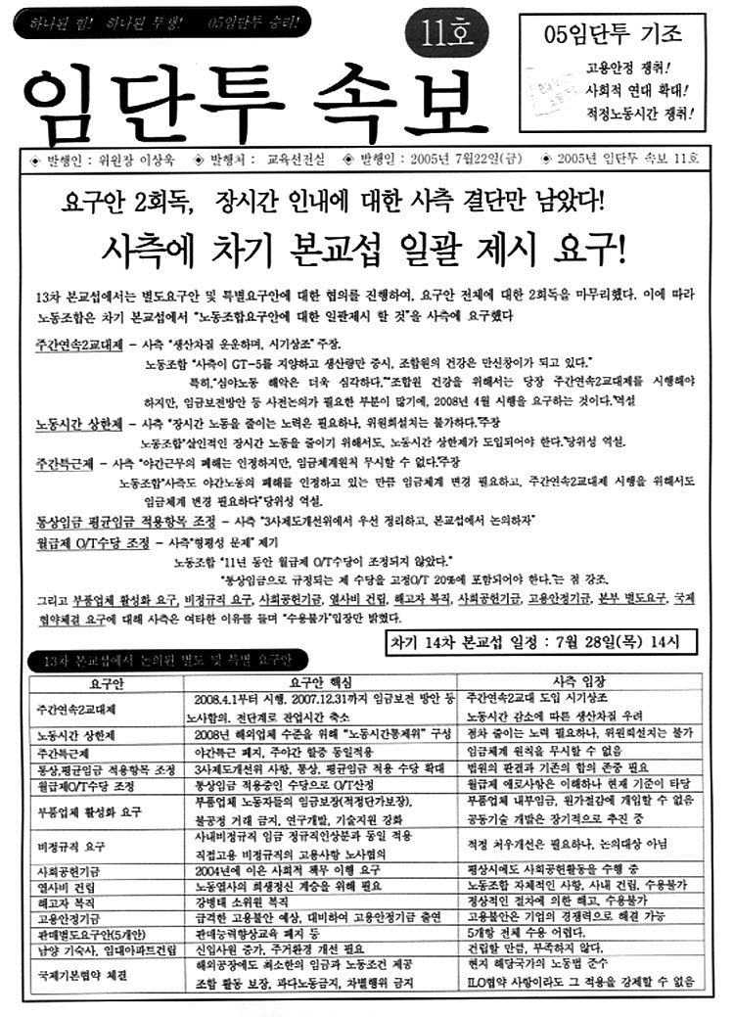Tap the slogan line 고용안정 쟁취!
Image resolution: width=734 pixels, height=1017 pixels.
point(640,69)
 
